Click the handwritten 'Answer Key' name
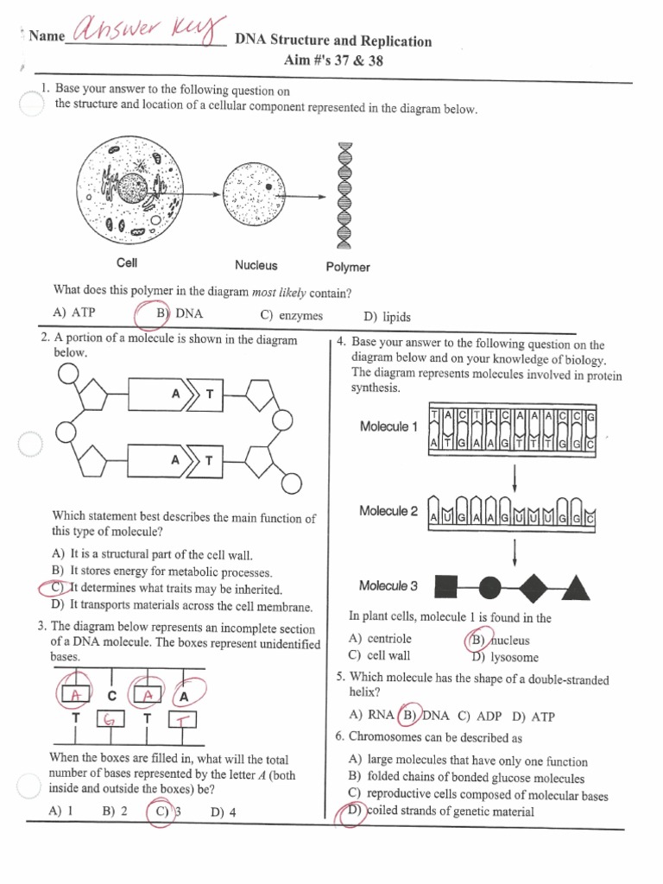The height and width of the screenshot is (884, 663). coord(147,34)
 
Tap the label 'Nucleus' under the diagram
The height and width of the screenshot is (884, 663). coord(256,266)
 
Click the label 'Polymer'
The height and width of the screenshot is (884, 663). coord(348,268)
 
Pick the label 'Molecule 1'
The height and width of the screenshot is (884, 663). coord(388,427)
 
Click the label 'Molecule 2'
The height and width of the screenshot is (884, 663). coord(388,511)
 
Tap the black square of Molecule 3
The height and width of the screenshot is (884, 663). coord(445,588)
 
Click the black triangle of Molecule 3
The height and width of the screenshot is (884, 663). coord(576,588)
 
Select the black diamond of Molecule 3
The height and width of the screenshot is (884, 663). coord(532,588)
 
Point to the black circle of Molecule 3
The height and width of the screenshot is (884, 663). coord(488,588)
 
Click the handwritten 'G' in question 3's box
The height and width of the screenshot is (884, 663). coord(110,719)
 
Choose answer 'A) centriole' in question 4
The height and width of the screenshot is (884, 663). coord(380,639)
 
